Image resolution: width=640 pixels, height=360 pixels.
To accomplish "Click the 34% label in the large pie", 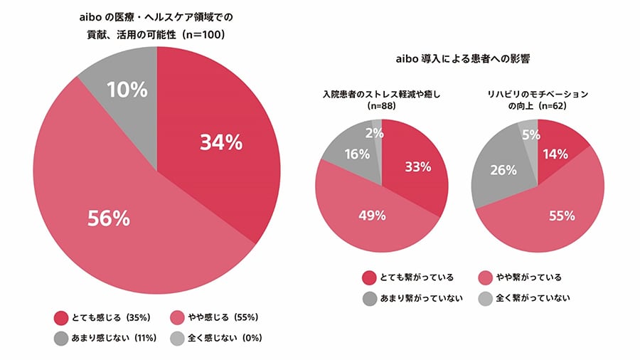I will click(x=221, y=143).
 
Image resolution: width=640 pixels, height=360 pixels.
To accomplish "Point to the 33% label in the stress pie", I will click(x=418, y=167).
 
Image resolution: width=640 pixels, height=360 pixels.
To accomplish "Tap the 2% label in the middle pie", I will click(x=375, y=132).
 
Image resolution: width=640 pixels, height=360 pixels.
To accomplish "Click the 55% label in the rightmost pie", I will click(x=560, y=215).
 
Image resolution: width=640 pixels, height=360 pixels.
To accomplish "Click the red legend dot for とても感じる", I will click(x=60, y=317).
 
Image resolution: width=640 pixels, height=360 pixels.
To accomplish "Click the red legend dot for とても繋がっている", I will click(x=369, y=277).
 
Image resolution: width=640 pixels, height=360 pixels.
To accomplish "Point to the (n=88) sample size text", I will click(x=383, y=105).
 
